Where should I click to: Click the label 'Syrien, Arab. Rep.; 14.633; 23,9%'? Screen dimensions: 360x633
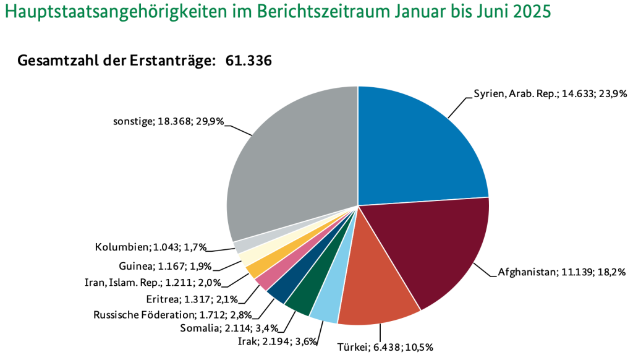pos(551,94)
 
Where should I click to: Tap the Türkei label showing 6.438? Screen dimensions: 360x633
pos(385,347)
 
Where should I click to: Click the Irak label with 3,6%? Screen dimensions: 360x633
pos(278,341)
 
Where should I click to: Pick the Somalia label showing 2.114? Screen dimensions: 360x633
pos(229,328)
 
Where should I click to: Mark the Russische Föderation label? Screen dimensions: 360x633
pos(164,315)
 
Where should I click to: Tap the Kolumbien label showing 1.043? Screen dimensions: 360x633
pos(151,247)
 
